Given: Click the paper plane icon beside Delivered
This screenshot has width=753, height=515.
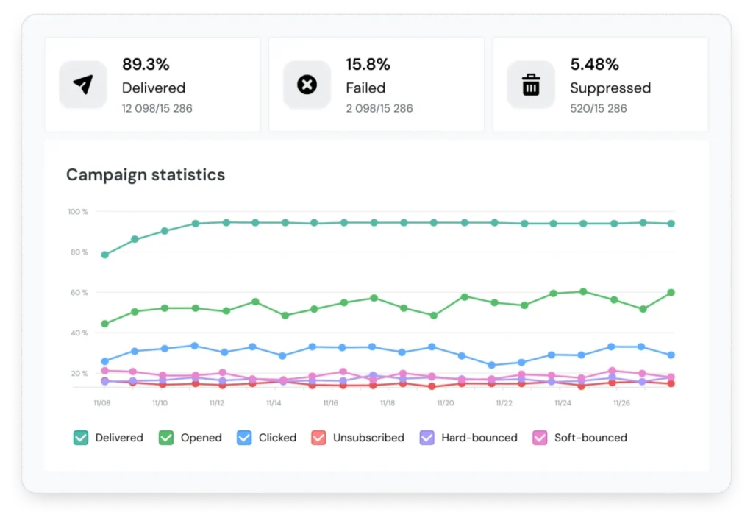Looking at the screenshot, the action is click(83, 85).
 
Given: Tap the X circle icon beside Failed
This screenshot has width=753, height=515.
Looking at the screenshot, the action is click(307, 85).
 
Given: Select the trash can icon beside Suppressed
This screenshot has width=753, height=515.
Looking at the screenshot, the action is click(531, 85).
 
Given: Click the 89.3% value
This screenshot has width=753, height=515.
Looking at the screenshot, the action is click(146, 64).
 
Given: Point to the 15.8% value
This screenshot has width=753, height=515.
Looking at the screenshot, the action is click(368, 64).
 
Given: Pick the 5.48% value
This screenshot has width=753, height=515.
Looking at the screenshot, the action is click(594, 64).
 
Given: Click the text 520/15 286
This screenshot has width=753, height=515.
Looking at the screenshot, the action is click(599, 108).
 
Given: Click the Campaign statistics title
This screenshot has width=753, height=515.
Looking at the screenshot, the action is click(146, 174).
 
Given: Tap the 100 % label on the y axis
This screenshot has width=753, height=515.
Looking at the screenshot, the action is click(78, 211).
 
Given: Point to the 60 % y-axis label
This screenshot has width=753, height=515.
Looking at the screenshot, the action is click(79, 292).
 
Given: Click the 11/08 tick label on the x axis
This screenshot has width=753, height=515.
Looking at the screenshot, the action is click(101, 402).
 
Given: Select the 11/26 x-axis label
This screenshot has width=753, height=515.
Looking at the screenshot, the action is click(621, 402).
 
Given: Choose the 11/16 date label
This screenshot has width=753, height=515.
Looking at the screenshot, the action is click(330, 402).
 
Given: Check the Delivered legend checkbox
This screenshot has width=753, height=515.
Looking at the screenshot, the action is click(81, 438).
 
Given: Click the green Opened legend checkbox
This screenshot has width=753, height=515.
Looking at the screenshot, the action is click(166, 438).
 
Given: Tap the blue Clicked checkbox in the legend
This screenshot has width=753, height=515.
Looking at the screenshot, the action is click(244, 438).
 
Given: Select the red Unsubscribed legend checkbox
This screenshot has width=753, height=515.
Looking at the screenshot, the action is click(318, 438).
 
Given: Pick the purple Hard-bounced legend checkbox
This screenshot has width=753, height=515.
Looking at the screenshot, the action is click(427, 438).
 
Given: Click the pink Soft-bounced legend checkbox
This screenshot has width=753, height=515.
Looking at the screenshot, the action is click(540, 438).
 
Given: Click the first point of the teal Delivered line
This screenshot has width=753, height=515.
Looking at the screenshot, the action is click(104, 255).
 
